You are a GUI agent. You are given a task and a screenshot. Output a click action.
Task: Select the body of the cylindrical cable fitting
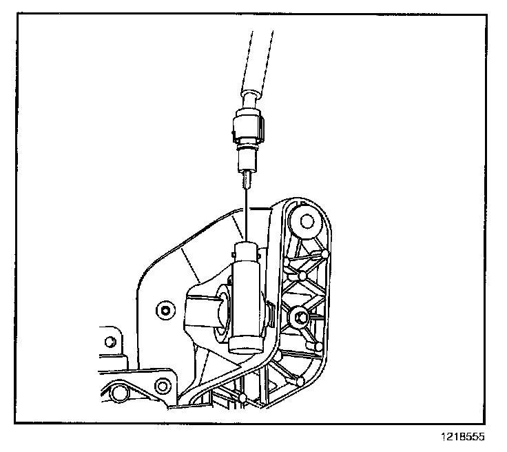(x=247, y=296)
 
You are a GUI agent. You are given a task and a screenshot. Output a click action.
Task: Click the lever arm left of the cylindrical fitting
(x=200, y=310)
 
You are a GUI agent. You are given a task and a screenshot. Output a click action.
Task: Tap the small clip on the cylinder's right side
(x=271, y=317)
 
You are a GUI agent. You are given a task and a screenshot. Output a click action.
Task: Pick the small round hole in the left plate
(x=163, y=309)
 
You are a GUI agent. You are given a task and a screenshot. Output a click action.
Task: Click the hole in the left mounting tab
(x=110, y=342)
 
